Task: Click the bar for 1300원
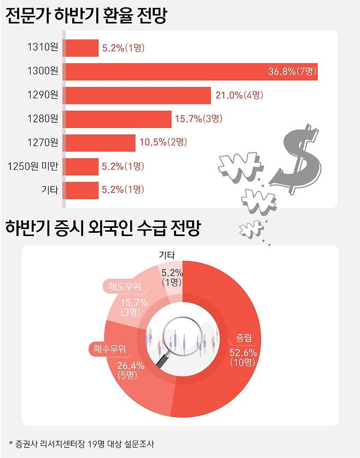(191, 72)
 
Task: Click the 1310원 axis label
(43, 48)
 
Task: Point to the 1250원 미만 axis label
(34, 166)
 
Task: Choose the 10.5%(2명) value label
(164, 142)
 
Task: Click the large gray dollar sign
(298, 158)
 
